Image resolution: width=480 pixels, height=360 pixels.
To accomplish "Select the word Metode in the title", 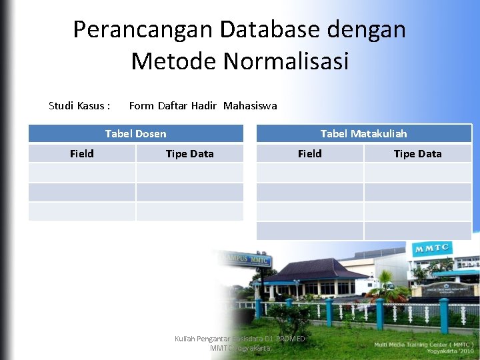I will click(x=175, y=61).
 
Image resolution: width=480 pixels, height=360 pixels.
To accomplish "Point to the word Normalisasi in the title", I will click(x=286, y=61).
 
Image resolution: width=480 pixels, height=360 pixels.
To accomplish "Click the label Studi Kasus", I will click(x=79, y=105).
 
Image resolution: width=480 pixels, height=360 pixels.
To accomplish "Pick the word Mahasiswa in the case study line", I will click(x=250, y=105).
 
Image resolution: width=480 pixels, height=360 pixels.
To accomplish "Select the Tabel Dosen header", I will click(x=135, y=133).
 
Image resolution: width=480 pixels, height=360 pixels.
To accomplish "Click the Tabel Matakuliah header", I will click(x=363, y=133).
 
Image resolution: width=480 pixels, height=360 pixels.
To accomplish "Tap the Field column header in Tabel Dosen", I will click(x=81, y=153).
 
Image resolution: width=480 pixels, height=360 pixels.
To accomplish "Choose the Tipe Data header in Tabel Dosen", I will click(x=189, y=153).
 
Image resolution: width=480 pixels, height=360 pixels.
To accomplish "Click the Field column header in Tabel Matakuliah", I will click(x=309, y=153).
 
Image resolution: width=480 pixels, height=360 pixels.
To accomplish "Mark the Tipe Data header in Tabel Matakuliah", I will click(x=417, y=153).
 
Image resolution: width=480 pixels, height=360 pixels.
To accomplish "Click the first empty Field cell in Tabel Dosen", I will click(x=81, y=173).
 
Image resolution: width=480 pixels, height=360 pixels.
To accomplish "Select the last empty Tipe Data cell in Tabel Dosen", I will click(x=189, y=211).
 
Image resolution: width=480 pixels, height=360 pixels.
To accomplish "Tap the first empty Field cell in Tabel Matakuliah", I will click(x=309, y=173).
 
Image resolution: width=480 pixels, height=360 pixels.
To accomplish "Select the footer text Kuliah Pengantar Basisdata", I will click(x=239, y=339).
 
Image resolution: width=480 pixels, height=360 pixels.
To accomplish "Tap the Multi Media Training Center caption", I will click(x=423, y=344).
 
